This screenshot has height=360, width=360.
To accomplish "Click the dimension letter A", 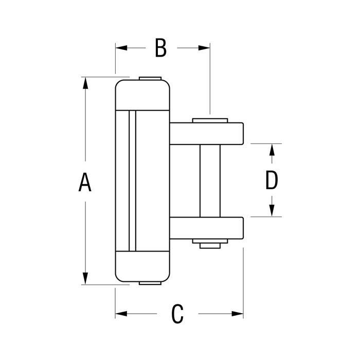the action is (85, 182).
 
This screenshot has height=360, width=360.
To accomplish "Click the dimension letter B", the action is (160, 48).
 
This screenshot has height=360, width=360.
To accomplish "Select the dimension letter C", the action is (177, 314).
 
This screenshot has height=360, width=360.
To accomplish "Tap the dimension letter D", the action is (272, 180).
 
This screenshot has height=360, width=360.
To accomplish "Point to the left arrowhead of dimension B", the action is (121, 48).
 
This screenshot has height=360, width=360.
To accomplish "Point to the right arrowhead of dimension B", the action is (204, 48).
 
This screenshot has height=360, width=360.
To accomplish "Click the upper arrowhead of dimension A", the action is (85, 83).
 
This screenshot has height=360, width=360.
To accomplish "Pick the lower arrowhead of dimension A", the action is (85, 278).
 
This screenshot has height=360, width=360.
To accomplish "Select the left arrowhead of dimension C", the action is (121, 314).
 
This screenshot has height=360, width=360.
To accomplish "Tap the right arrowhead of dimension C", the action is (238, 314).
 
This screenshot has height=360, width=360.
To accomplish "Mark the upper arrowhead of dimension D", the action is (272, 150).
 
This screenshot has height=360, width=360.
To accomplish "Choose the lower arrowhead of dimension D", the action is (272, 210).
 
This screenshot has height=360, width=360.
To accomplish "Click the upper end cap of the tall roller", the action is (142, 95).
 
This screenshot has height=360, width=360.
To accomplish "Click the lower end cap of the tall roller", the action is (142, 266).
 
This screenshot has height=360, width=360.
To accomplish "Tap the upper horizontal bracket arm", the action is (206, 134).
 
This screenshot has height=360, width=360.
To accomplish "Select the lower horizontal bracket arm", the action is (206, 228).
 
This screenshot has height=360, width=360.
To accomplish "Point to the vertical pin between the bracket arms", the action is (210, 181).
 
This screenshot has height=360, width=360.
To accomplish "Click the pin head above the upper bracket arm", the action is (210, 120).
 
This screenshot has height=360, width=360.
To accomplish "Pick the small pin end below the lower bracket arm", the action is (210, 246).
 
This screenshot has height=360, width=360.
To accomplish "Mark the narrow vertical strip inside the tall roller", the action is (133, 181).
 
